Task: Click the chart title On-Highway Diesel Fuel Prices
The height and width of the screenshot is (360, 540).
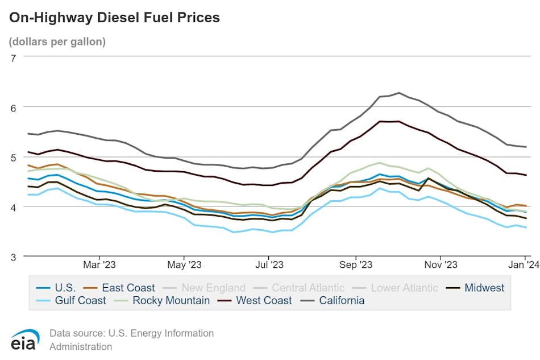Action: (114, 18)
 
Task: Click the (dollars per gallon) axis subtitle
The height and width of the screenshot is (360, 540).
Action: (57, 42)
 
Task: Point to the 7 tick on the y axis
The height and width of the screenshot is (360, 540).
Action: (13, 57)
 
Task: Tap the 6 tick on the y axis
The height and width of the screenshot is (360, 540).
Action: (13, 107)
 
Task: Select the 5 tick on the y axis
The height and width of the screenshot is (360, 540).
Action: (13, 157)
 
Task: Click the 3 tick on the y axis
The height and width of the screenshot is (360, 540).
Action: (13, 256)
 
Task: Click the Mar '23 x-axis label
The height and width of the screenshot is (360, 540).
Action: (99, 264)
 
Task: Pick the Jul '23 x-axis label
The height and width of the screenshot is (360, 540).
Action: (269, 264)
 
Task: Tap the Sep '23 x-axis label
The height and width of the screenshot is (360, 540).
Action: (356, 264)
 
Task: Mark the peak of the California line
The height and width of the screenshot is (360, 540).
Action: (399, 93)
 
